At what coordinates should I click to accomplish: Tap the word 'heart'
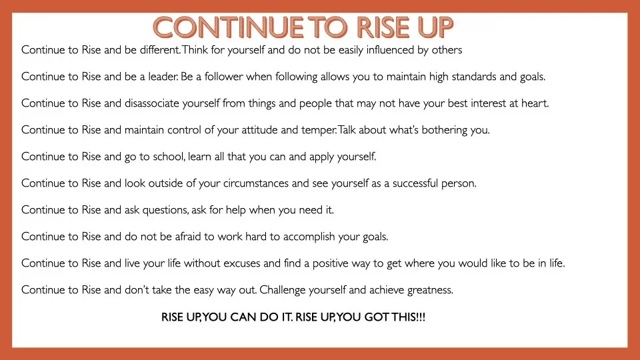(x=535, y=103)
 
